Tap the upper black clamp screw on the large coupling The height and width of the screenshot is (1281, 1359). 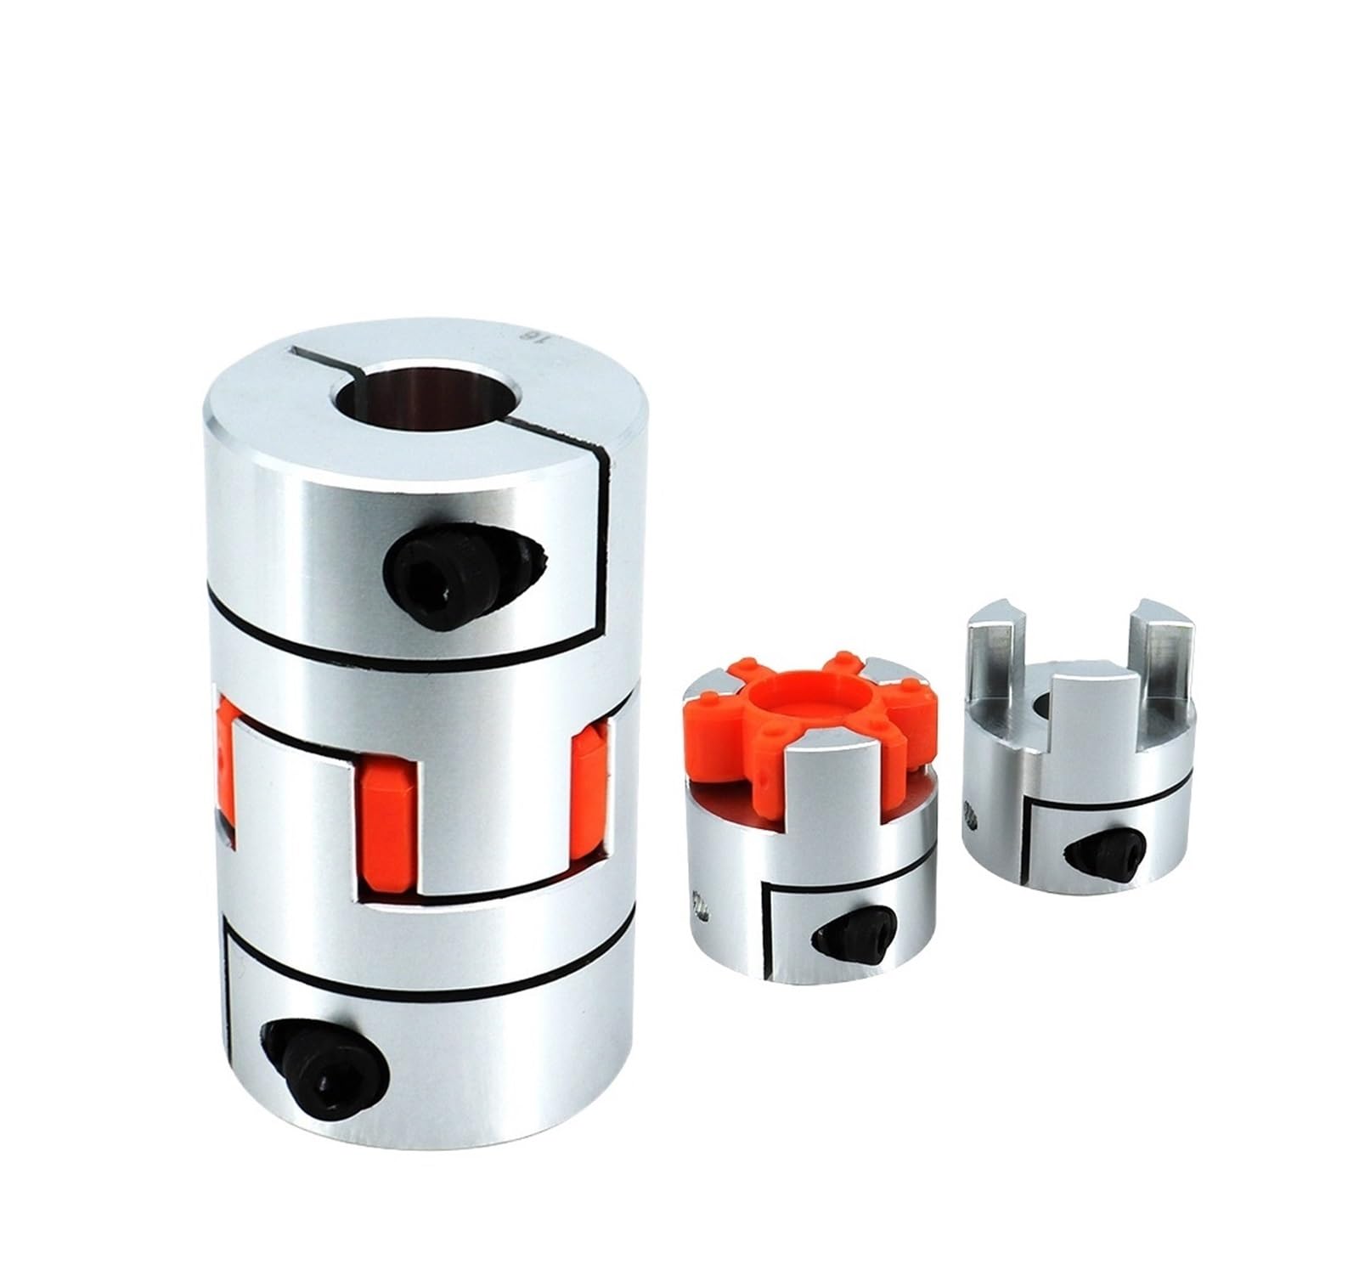pos(425,561)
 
